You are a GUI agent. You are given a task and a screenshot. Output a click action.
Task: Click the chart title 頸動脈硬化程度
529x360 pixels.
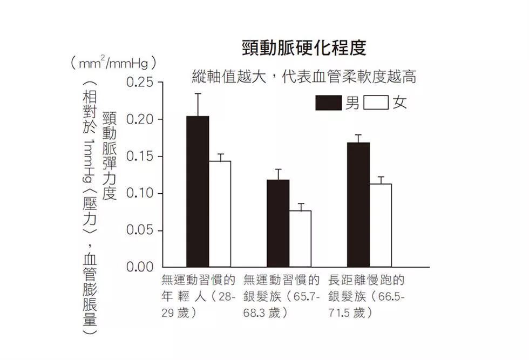pyautogui.click(x=304, y=48)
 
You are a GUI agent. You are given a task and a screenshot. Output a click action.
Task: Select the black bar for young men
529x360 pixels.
pyautogui.click(x=198, y=191)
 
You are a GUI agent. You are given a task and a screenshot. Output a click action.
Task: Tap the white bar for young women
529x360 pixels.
pyautogui.click(x=220, y=214)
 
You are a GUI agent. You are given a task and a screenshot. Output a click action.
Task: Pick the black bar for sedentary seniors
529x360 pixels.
pyautogui.click(x=278, y=223)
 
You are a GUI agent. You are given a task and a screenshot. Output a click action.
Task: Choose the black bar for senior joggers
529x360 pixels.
pyautogui.click(x=358, y=205)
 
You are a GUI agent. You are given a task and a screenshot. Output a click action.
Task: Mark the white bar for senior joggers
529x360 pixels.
pyautogui.click(x=381, y=225)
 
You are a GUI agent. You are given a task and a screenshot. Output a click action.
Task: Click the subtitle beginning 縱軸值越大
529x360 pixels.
pyautogui.click(x=304, y=77)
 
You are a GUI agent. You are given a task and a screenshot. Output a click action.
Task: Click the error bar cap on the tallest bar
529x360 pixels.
pyautogui.click(x=198, y=94)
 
